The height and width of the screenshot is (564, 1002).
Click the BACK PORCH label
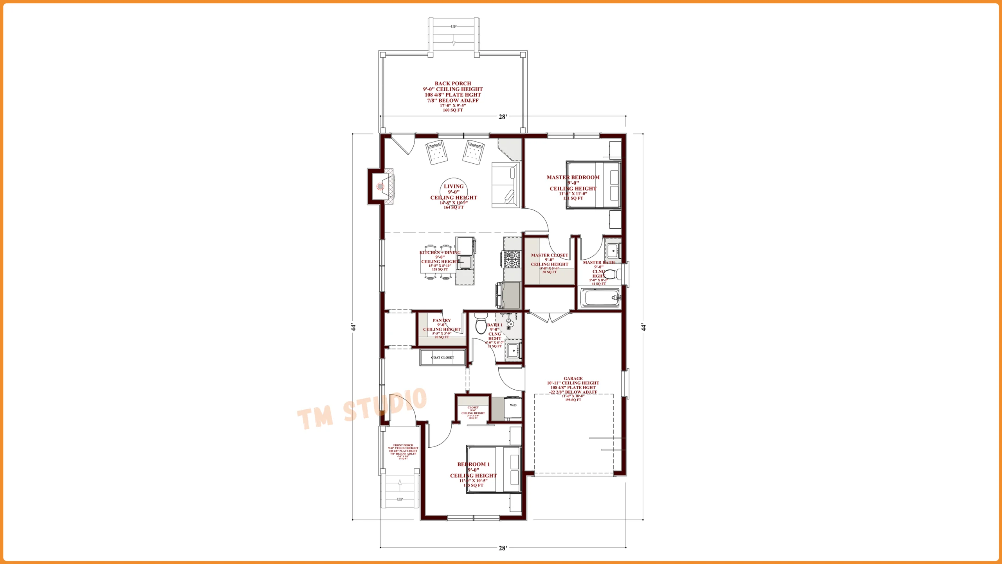pos(453,83)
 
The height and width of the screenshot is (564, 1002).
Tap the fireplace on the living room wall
pos(382,186)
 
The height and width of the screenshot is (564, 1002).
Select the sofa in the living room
pos(505,184)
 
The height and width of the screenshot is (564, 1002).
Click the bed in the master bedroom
pos(593,184)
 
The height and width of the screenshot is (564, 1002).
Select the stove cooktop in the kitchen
pos(512,258)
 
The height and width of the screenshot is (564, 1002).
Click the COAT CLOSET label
pos(443,358)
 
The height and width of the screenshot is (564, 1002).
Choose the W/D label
pos(513,405)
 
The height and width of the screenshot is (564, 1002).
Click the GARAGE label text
pos(573,378)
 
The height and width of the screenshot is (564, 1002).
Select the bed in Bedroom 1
pos(494,469)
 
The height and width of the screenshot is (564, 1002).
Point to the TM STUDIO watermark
pos(362,409)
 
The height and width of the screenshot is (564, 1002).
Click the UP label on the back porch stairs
pos(454,27)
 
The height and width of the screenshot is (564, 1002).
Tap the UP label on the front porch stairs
pos(400,499)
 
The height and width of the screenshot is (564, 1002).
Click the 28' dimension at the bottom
pos(503,548)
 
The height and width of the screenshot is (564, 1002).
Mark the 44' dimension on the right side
pos(643,327)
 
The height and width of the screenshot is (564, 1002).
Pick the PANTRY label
pos(442,320)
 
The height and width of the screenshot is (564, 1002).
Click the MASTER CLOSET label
pos(549,255)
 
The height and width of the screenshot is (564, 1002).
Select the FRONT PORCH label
pos(403,445)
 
